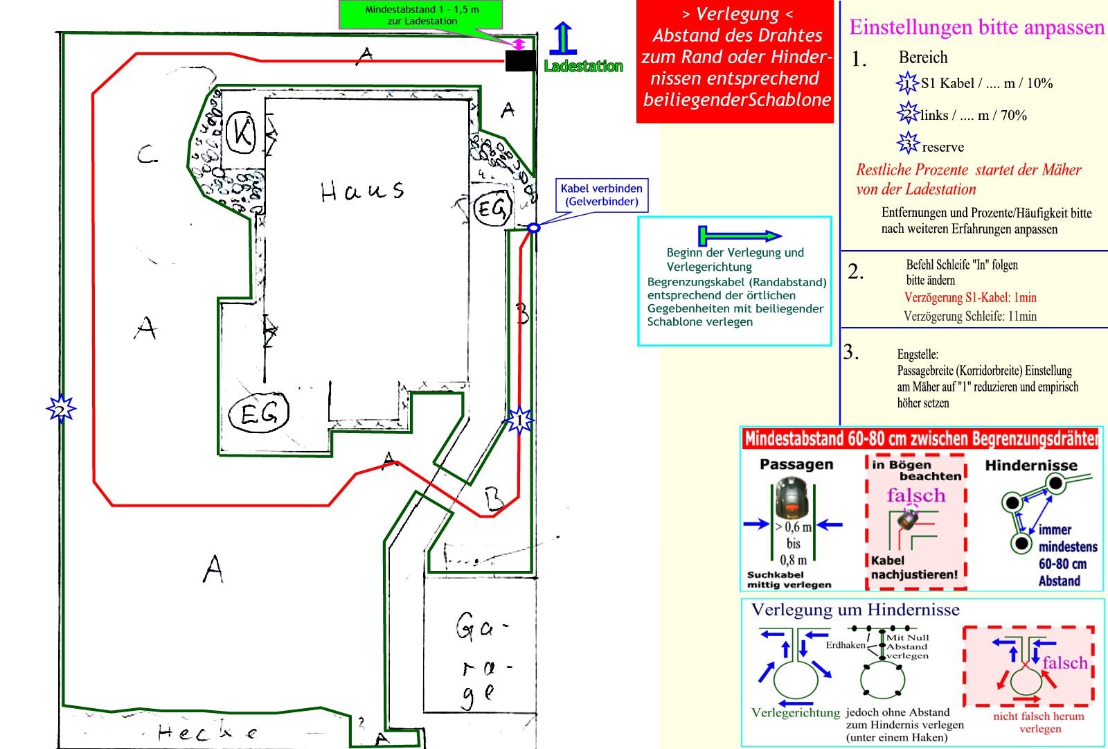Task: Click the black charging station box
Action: pyautogui.click(x=520, y=60)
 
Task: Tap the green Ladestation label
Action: pyautogui.click(x=583, y=67)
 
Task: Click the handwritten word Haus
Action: pyautogui.click(x=362, y=191)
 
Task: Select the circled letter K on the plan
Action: pyautogui.click(x=242, y=132)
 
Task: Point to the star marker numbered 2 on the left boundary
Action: pyautogui.click(x=61, y=409)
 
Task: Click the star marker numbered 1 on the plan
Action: pyautogui.click(x=519, y=420)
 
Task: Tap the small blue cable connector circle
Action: pyautogui.click(x=533, y=227)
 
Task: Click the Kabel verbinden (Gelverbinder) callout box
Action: pyautogui.click(x=601, y=195)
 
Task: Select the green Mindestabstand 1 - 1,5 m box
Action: pyautogui.click(x=422, y=15)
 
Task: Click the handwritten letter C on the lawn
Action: pyautogui.click(x=147, y=155)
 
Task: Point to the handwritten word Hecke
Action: pyautogui.click(x=207, y=732)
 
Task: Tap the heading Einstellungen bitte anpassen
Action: pyautogui.click(x=976, y=28)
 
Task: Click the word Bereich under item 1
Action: pyautogui.click(x=922, y=58)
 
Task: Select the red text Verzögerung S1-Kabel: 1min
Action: pyautogui.click(x=970, y=297)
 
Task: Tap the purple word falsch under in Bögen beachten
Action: pyautogui.click(x=915, y=495)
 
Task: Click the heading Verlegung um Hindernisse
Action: pyautogui.click(x=855, y=610)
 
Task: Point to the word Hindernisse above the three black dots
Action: pyautogui.click(x=1031, y=466)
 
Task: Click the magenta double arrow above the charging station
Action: pyautogui.click(x=517, y=44)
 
